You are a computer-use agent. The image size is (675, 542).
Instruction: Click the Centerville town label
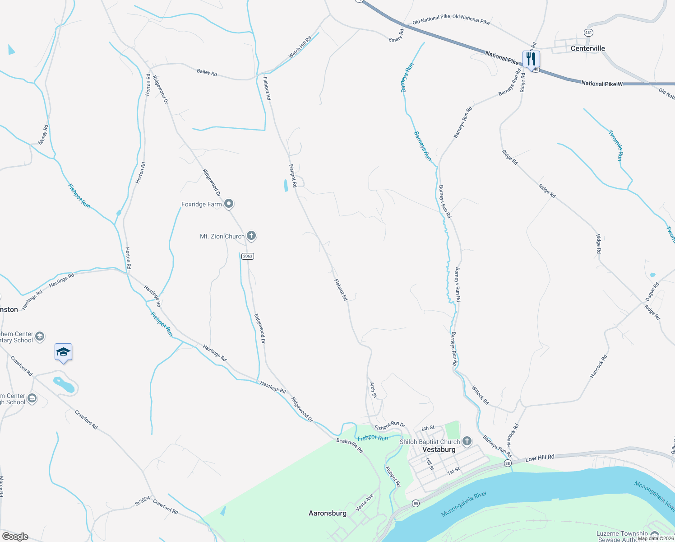[587, 48]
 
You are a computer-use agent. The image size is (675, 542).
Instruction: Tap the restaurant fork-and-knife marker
[531, 59]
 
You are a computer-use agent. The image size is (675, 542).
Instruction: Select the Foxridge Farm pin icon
[229, 204]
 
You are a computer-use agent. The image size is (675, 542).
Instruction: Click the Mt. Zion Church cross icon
[251, 236]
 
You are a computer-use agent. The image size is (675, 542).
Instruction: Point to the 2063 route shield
[248, 256]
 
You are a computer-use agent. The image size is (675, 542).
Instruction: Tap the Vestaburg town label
[439, 449]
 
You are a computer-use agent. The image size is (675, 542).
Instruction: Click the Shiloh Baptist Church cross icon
[467, 441]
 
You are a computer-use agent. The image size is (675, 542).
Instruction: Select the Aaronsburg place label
[327, 513]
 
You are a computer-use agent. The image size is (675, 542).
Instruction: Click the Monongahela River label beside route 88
[464, 504]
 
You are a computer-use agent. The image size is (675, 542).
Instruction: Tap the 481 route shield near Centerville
[588, 33]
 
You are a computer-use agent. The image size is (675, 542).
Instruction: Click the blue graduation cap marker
[64, 352]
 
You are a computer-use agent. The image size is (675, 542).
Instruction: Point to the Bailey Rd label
[207, 72]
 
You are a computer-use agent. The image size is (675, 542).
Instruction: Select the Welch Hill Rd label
[300, 47]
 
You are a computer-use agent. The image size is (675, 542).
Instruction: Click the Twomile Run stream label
[616, 145]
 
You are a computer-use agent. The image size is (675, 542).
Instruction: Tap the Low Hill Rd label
[540, 458]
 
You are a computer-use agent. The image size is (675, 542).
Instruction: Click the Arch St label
[373, 390]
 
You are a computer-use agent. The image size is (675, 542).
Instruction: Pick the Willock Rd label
[480, 395]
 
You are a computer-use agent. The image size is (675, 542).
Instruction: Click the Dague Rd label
[652, 292]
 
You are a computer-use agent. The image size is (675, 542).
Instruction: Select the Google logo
[15, 536]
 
